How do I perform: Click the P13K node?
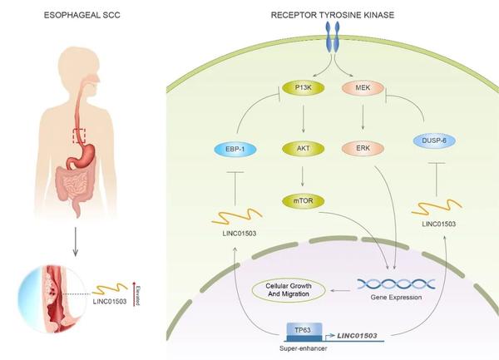click(304, 88)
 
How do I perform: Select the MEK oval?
click(363, 88)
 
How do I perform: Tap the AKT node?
click(304, 149)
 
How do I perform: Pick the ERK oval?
click(363, 149)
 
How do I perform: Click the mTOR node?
click(304, 201)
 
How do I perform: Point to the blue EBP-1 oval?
click(235, 149)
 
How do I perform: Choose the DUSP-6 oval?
click(434, 141)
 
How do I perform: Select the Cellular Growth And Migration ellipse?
click(289, 290)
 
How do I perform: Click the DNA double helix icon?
click(396, 284)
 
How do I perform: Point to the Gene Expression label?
click(396, 298)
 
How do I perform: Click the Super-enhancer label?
click(304, 348)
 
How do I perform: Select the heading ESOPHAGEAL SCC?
click(82, 15)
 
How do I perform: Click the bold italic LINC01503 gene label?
click(357, 336)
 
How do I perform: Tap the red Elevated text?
click(138, 295)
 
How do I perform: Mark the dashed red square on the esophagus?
click(79, 136)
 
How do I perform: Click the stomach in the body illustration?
click(82, 155)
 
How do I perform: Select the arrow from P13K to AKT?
click(303, 119)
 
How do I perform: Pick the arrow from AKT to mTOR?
click(303, 175)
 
